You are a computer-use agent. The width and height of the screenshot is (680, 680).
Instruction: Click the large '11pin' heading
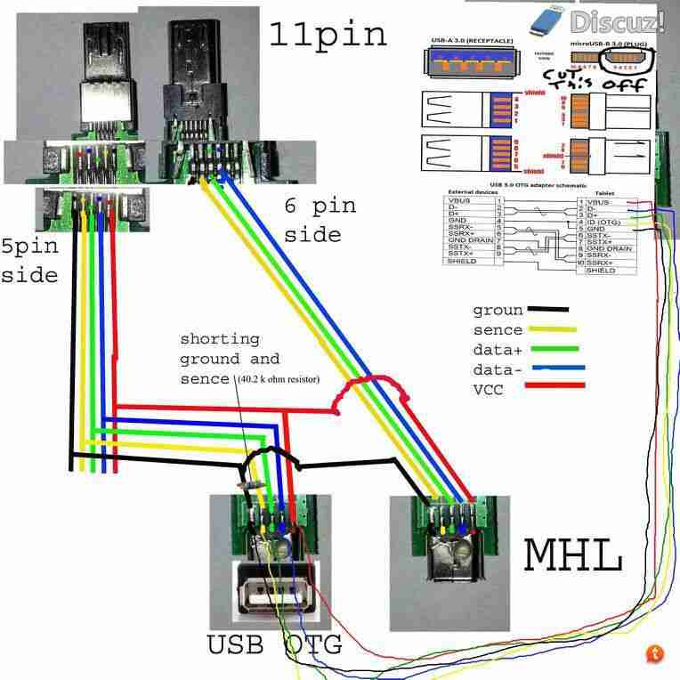pos(328,35)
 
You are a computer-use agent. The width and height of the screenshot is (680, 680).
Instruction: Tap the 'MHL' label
pos(572,555)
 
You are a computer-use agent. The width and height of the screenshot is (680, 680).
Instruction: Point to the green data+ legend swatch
pos(553,349)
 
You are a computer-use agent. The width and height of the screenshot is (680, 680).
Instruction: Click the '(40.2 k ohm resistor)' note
pos(278,379)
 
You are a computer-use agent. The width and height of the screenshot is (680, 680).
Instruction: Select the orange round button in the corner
pos(654,654)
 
